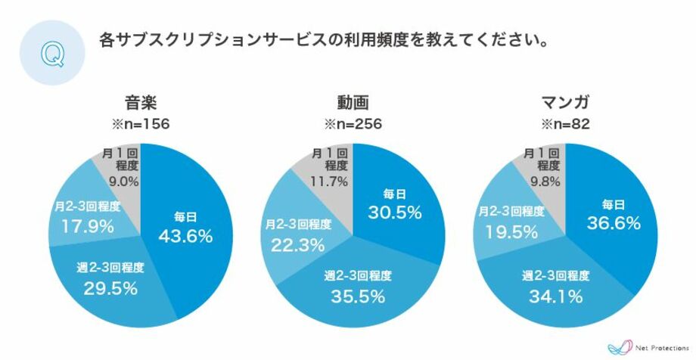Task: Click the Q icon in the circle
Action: click(x=51, y=53)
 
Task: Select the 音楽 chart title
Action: click(x=141, y=104)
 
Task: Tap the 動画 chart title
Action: click(x=353, y=104)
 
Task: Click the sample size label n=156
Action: click(x=141, y=124)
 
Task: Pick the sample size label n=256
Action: click(x=353, y=124)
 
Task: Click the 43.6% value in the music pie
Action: click(x=185, y=237)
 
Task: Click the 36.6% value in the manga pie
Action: click(x=614, y=224)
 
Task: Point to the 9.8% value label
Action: click(x=541, y=181)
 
